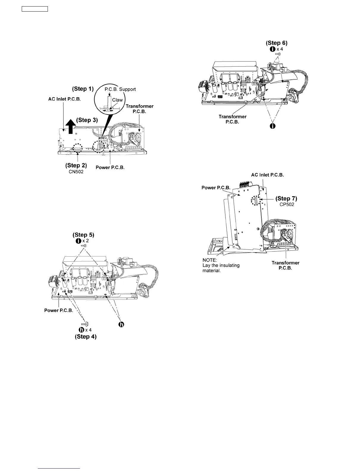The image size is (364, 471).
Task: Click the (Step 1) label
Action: point(83,89)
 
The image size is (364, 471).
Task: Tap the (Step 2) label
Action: point(76,165)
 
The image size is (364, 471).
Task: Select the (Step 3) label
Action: point(87,120)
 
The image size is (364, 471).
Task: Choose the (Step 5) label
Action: point(83,235)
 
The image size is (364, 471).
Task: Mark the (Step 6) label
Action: point(277,43)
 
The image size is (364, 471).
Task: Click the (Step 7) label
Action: point(286,198)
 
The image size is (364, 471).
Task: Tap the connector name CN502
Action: point(76,172)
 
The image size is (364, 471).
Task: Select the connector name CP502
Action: point(286,204)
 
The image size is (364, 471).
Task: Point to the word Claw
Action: point(117,100)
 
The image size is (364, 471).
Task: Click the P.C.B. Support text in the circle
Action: point(120,89)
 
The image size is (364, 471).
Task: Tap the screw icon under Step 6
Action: point(278,54)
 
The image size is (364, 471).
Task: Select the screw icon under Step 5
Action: point(84,246)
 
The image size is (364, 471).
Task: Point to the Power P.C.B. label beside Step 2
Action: point(110,167)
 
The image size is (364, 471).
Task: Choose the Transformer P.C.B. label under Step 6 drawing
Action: point(233,119)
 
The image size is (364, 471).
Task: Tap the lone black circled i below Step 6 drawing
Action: point(272,126)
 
